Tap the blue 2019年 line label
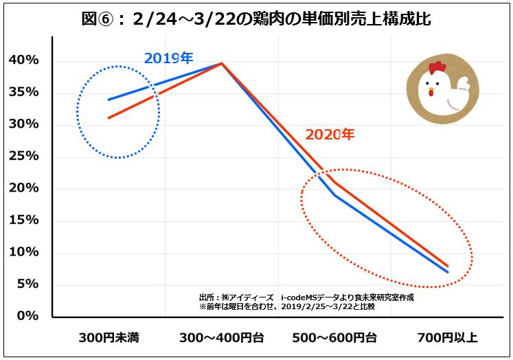click(167, 58)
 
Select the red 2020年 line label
click(330, 135)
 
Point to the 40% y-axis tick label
click(23, 61)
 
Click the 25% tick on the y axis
click(23, 157)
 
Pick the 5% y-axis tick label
click(27, 284)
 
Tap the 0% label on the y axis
click(27, 316)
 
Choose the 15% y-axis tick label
click(23, 221)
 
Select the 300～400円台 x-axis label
click(222, 338)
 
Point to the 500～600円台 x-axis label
click(334, 338)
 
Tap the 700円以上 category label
click(448, 338)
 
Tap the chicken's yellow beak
click(431, 91)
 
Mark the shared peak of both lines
click(222, 63)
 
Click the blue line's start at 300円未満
click(109, 100)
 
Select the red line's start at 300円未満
click(109, 118)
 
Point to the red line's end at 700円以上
click(448, 266)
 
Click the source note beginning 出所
click(306, 297)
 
